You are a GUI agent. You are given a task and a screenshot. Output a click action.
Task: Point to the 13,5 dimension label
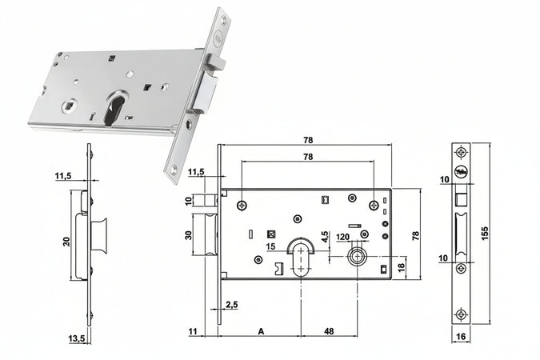pos(77,339)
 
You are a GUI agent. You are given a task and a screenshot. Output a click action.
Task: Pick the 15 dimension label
pos(270,246)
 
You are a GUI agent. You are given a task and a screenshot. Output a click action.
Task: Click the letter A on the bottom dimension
pos(261,330)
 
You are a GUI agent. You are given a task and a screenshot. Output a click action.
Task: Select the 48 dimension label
pos(328,330)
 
